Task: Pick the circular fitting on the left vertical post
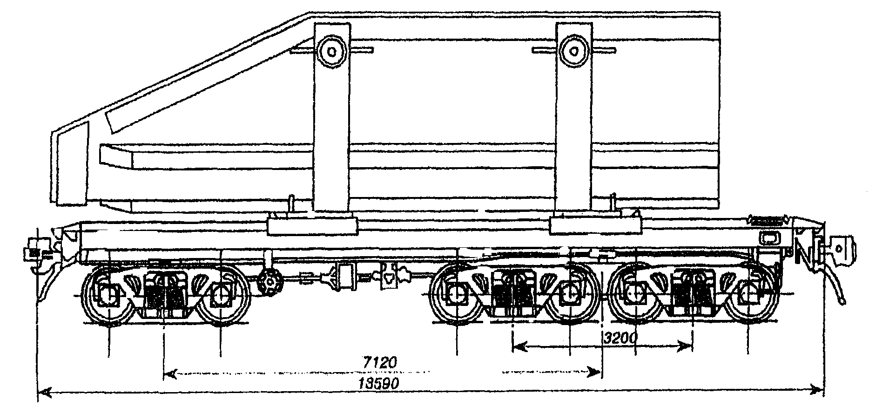(331, 50)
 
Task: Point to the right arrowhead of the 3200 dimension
(686, 346)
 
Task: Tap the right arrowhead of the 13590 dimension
(814, 389)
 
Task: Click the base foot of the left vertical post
(313, 227)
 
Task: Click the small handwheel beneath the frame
(269, 281)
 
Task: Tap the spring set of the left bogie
(164, 293)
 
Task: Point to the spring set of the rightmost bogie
(692, 293)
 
